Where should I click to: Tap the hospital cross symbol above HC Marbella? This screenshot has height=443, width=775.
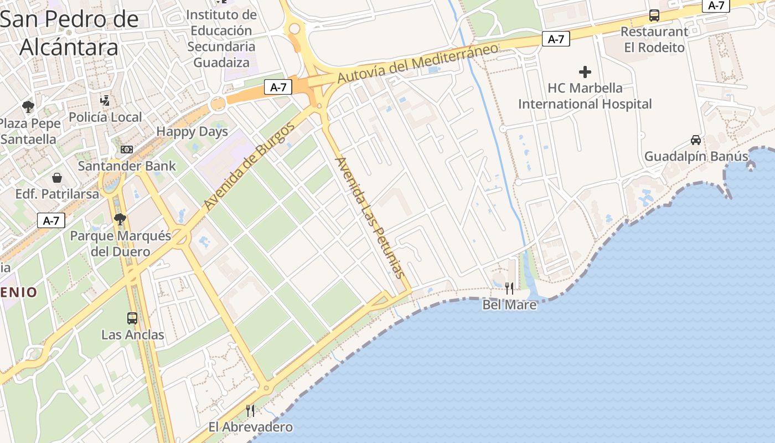pyautogui.click(x=585, y=72)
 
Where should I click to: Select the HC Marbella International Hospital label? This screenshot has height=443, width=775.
pyautogui.click(x=585, y=96)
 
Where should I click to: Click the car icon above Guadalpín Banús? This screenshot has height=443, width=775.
pyautogui.click(x=696, y=140)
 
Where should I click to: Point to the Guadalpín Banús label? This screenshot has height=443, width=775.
pyautogui.click(x=696, y=157)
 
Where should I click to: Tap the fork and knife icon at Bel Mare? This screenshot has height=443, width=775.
pyautogui.click(x=509, y=288)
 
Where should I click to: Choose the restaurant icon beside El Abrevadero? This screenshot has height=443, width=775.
pyautogui.click(x=250, y=410)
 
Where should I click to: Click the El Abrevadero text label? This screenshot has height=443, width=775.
pyautogui.click(x=250, y=427)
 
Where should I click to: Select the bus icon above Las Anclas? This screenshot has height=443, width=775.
pyautogui.click(x=132, y=318)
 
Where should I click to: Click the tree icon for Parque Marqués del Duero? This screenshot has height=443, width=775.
pyautogui.click(x=120, y=219)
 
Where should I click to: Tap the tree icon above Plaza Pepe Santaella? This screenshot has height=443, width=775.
pyautogui.click(x=28, y=106)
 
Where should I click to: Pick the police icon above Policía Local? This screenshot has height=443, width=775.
pyautogui.click(x=105, y=100)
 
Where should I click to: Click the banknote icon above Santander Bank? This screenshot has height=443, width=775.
pyautogui.click(x=127, y=150)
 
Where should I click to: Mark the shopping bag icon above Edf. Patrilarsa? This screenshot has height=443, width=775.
pyautogui.click(x=56, y=178)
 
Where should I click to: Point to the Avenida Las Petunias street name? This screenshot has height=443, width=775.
pyautogui.click(x=370, y=218)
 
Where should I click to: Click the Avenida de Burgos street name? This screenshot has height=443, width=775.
pyautogui.click(x=249, y=167)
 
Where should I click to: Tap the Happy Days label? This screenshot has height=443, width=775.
pyautogui.click(x=192, y=132)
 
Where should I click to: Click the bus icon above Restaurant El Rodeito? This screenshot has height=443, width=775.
pyautogui.click(x=654, y=16)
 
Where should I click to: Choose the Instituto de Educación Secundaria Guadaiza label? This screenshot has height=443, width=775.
pyautogui.click(x=221, y=38)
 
